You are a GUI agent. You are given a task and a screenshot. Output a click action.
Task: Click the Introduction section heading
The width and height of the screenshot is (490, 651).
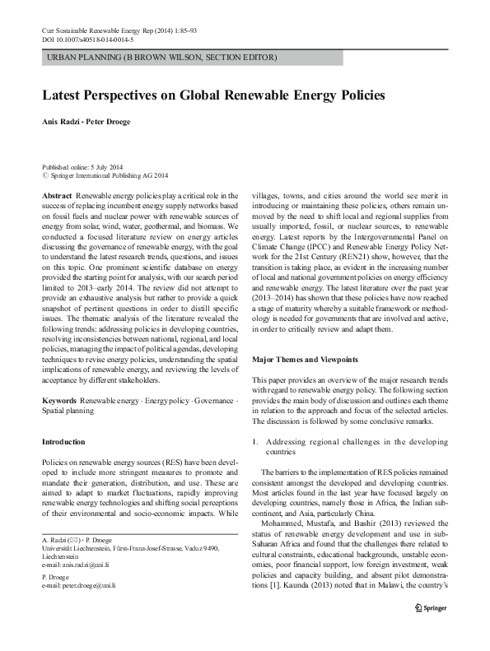(63, 442)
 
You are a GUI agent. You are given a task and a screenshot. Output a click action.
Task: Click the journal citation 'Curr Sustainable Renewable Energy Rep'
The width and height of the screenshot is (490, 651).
(100, 30)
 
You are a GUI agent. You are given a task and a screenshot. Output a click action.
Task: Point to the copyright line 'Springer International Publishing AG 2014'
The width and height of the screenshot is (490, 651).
(109, 175)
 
